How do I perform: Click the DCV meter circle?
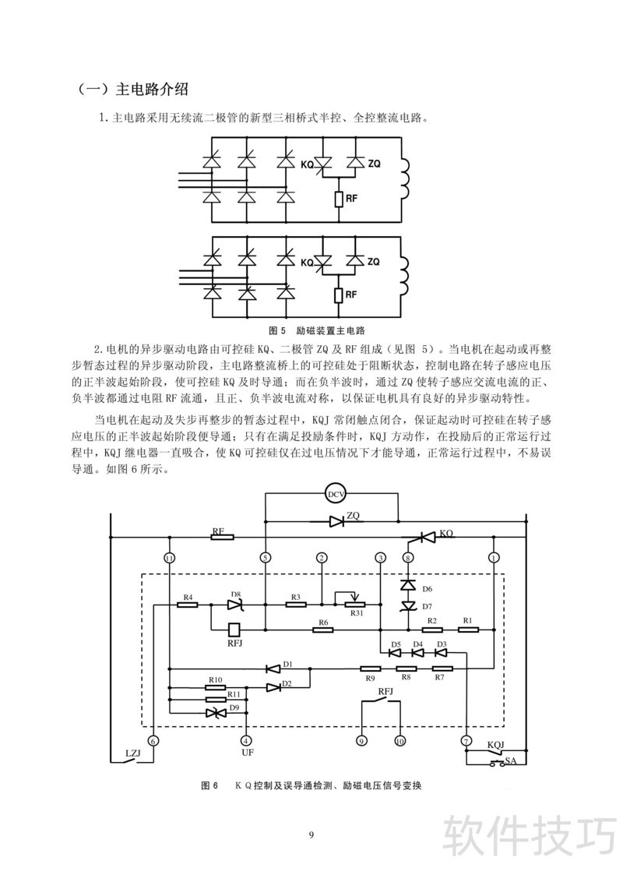tap(336, 494)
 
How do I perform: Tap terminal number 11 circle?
tap(170, 557)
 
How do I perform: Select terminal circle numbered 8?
tap(407, 557)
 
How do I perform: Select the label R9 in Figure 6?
tap(370, 679)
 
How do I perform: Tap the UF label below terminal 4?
tap(247, 753)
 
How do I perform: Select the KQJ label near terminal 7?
tap(496, 744)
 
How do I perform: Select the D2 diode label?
tap(287, 684)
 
